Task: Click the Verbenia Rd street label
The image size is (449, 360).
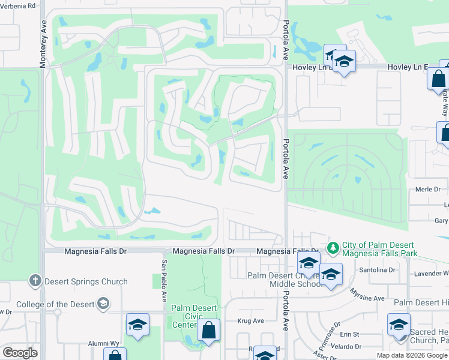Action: tap(18, 5)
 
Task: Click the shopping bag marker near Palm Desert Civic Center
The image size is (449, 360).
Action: tap(209, 330)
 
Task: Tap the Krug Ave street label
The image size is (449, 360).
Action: tap(251, 321)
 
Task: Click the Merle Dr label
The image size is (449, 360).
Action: tap(428, 189)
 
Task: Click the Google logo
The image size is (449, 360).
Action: tap(20, 353)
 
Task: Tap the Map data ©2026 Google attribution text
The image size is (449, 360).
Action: tap(411, 355)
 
